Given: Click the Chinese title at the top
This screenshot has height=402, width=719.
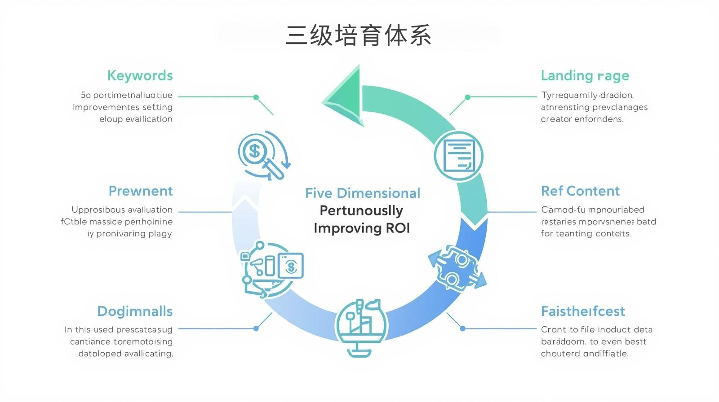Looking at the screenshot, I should point(359,35).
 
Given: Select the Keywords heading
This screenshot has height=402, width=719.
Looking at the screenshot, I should point(140,75).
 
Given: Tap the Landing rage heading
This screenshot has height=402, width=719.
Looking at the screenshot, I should point(585,75).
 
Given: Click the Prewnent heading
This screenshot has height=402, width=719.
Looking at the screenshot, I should point(140,191).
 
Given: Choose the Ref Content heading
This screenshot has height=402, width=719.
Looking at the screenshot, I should point(580,191).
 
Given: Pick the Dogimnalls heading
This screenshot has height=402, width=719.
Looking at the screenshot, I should point(135,311).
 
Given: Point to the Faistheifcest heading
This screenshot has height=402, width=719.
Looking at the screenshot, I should point(583,311).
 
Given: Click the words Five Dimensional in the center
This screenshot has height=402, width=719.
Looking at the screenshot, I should point(363,193).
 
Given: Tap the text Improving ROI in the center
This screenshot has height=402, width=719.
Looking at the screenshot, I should point(362,228).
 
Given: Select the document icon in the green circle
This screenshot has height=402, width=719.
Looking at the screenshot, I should point(458,156).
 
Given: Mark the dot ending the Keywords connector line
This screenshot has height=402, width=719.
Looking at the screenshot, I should point(256,97).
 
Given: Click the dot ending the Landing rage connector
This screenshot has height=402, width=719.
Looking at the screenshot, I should point(467,97).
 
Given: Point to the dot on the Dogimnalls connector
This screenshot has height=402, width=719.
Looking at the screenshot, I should point(256,328).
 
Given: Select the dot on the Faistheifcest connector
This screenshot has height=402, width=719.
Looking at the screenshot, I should point(462,328).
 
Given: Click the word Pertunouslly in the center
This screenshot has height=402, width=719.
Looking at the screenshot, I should point(361,210).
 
